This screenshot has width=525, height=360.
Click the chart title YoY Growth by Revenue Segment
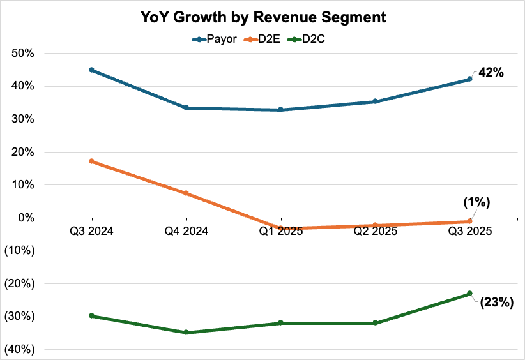coord(263,18)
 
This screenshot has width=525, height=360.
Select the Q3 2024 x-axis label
coord(91,231)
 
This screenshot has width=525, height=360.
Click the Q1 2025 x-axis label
coord(280,231)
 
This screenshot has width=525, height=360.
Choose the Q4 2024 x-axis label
coord(186,231)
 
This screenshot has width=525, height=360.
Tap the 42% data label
coord(491,72)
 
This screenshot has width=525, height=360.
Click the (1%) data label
coord(476,203)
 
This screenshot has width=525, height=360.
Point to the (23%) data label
coord(497,302)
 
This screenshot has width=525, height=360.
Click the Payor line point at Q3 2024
coord(91,70)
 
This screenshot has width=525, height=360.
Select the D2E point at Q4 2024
coord(186,193)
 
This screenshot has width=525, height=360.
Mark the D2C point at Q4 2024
coord(186,332)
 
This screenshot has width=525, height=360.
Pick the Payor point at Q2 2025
coord(375,101)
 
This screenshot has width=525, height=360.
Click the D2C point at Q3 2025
coord(469,293)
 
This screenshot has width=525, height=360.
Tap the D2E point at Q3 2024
coord(91,161)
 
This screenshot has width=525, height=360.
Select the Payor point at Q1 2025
coord(280,110)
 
